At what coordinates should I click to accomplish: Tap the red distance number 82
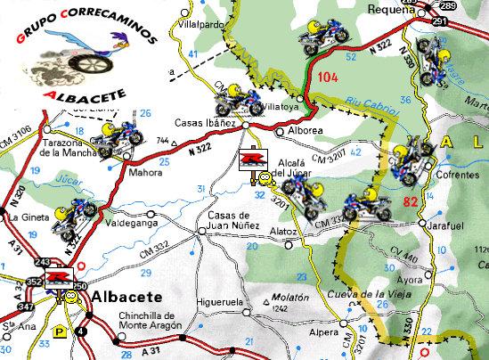(x=411, y=201)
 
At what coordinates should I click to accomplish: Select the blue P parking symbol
(x=59, y=329)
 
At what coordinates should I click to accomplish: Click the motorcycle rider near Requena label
(x=322, y=37)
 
